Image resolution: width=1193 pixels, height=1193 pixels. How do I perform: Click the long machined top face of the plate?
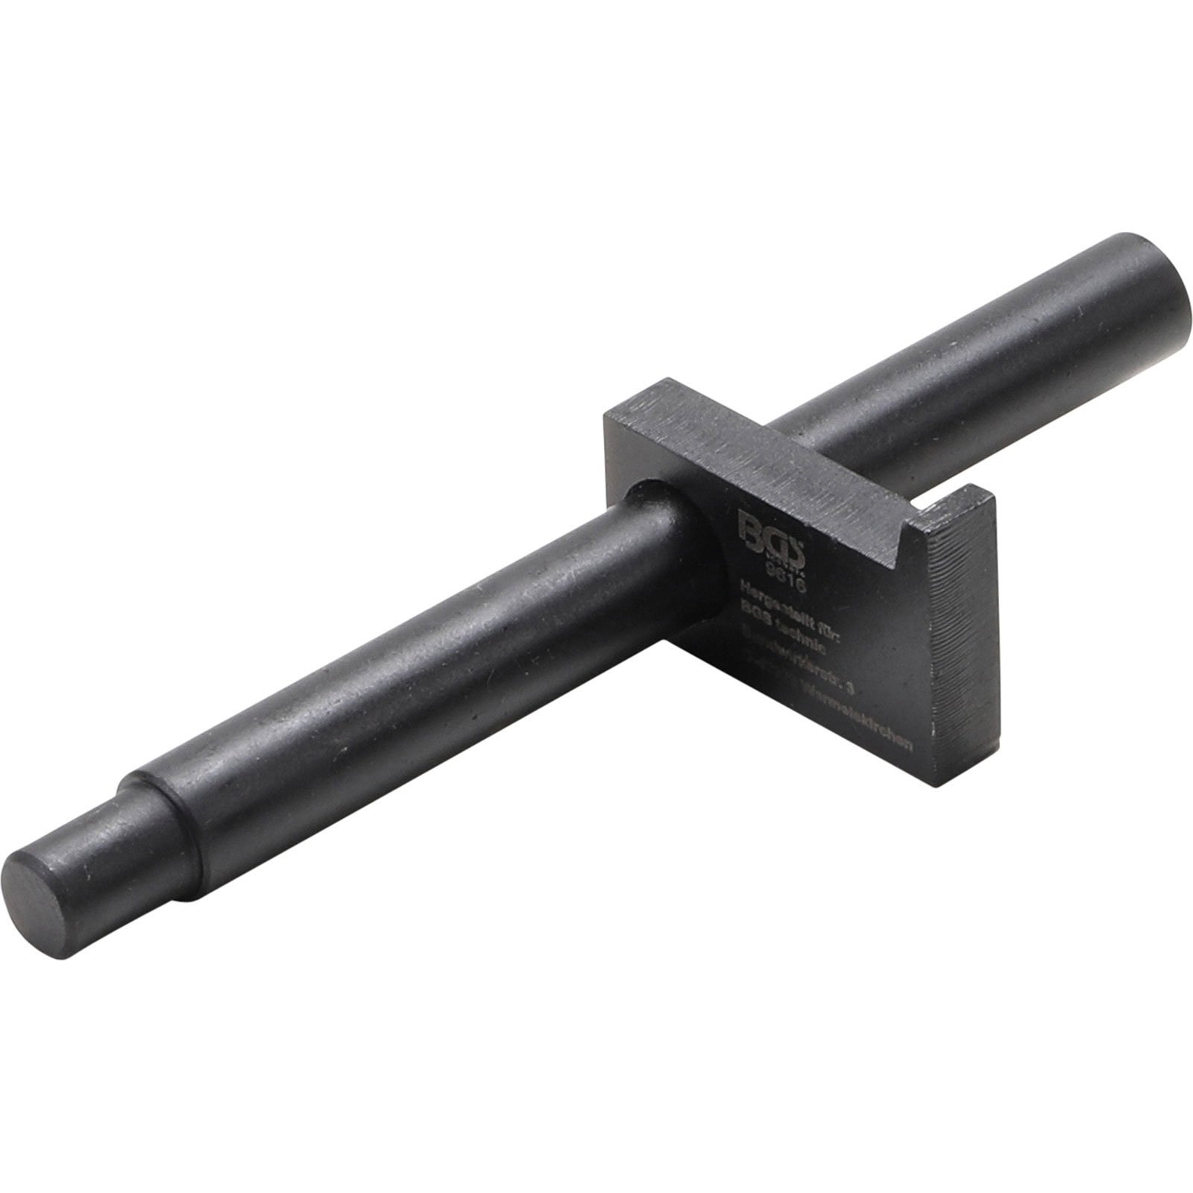746,440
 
